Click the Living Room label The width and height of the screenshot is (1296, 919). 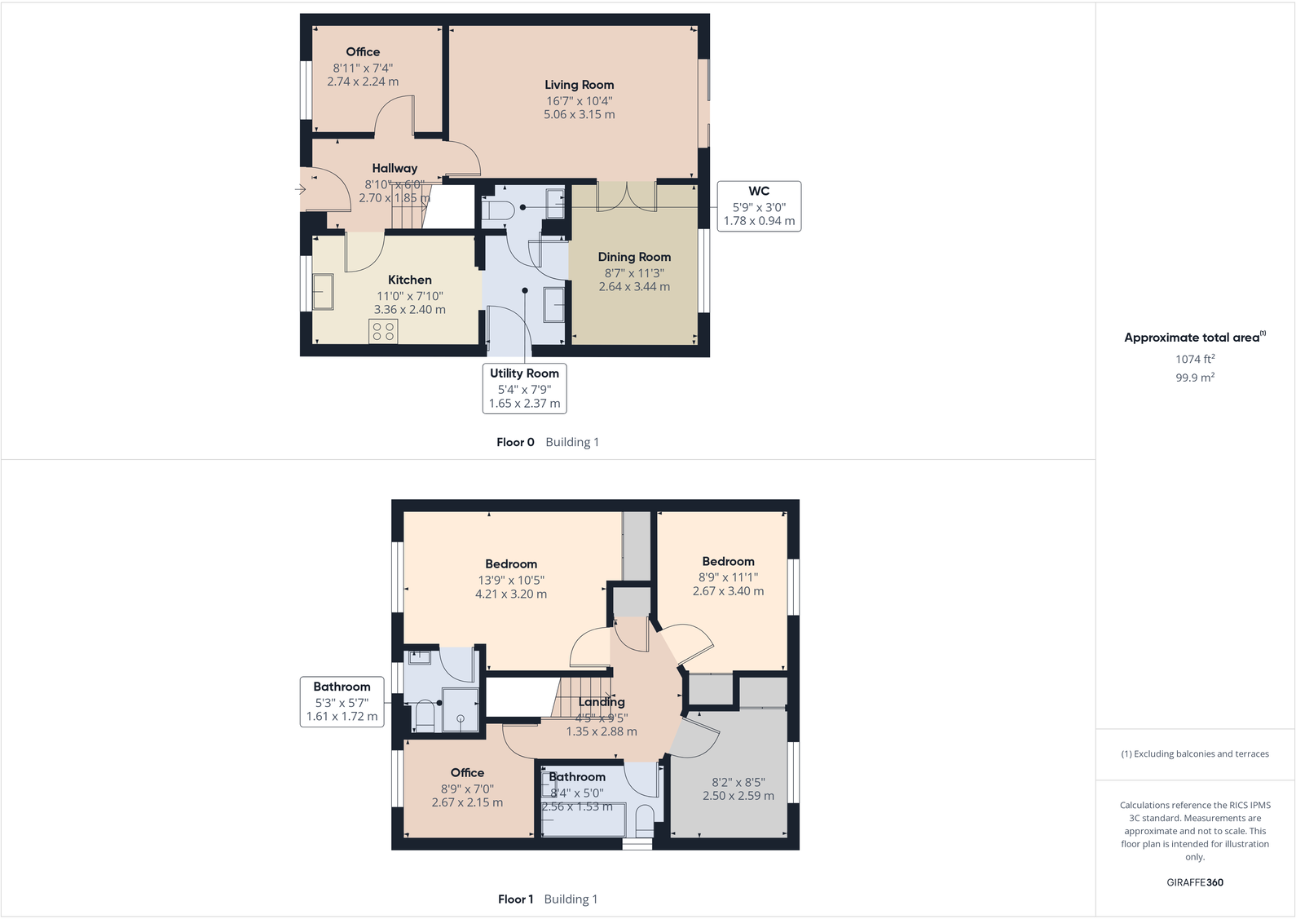tap(579, 85)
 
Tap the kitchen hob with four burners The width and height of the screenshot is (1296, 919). tap(383, 331)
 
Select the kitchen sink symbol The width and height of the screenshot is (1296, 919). tap(323, 292)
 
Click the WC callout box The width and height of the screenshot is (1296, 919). tap(759, 205)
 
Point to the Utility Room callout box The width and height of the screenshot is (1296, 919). tap(524, 388)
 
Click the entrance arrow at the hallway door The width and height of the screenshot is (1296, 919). tap(300, 190)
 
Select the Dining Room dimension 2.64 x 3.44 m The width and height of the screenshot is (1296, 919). tap(634, 287)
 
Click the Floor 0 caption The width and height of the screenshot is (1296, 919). tap(515, 442)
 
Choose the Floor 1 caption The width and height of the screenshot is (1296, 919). tap(515, 899)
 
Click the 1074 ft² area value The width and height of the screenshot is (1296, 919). tap(1195, 359)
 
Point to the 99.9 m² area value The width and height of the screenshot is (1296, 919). tap(1195, 378)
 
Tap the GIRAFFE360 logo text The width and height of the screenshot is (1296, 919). tap(1195, 882)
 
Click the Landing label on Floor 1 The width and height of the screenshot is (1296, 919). tap(602, 702)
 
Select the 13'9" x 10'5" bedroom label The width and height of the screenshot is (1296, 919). tap(511, 581)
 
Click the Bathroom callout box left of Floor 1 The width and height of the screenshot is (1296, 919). tap(342, 701)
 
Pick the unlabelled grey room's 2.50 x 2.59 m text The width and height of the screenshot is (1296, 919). tap(738, 796)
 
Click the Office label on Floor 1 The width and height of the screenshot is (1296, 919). tap(467, 773)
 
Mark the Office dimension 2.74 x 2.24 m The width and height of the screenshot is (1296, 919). tap(363, 82)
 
